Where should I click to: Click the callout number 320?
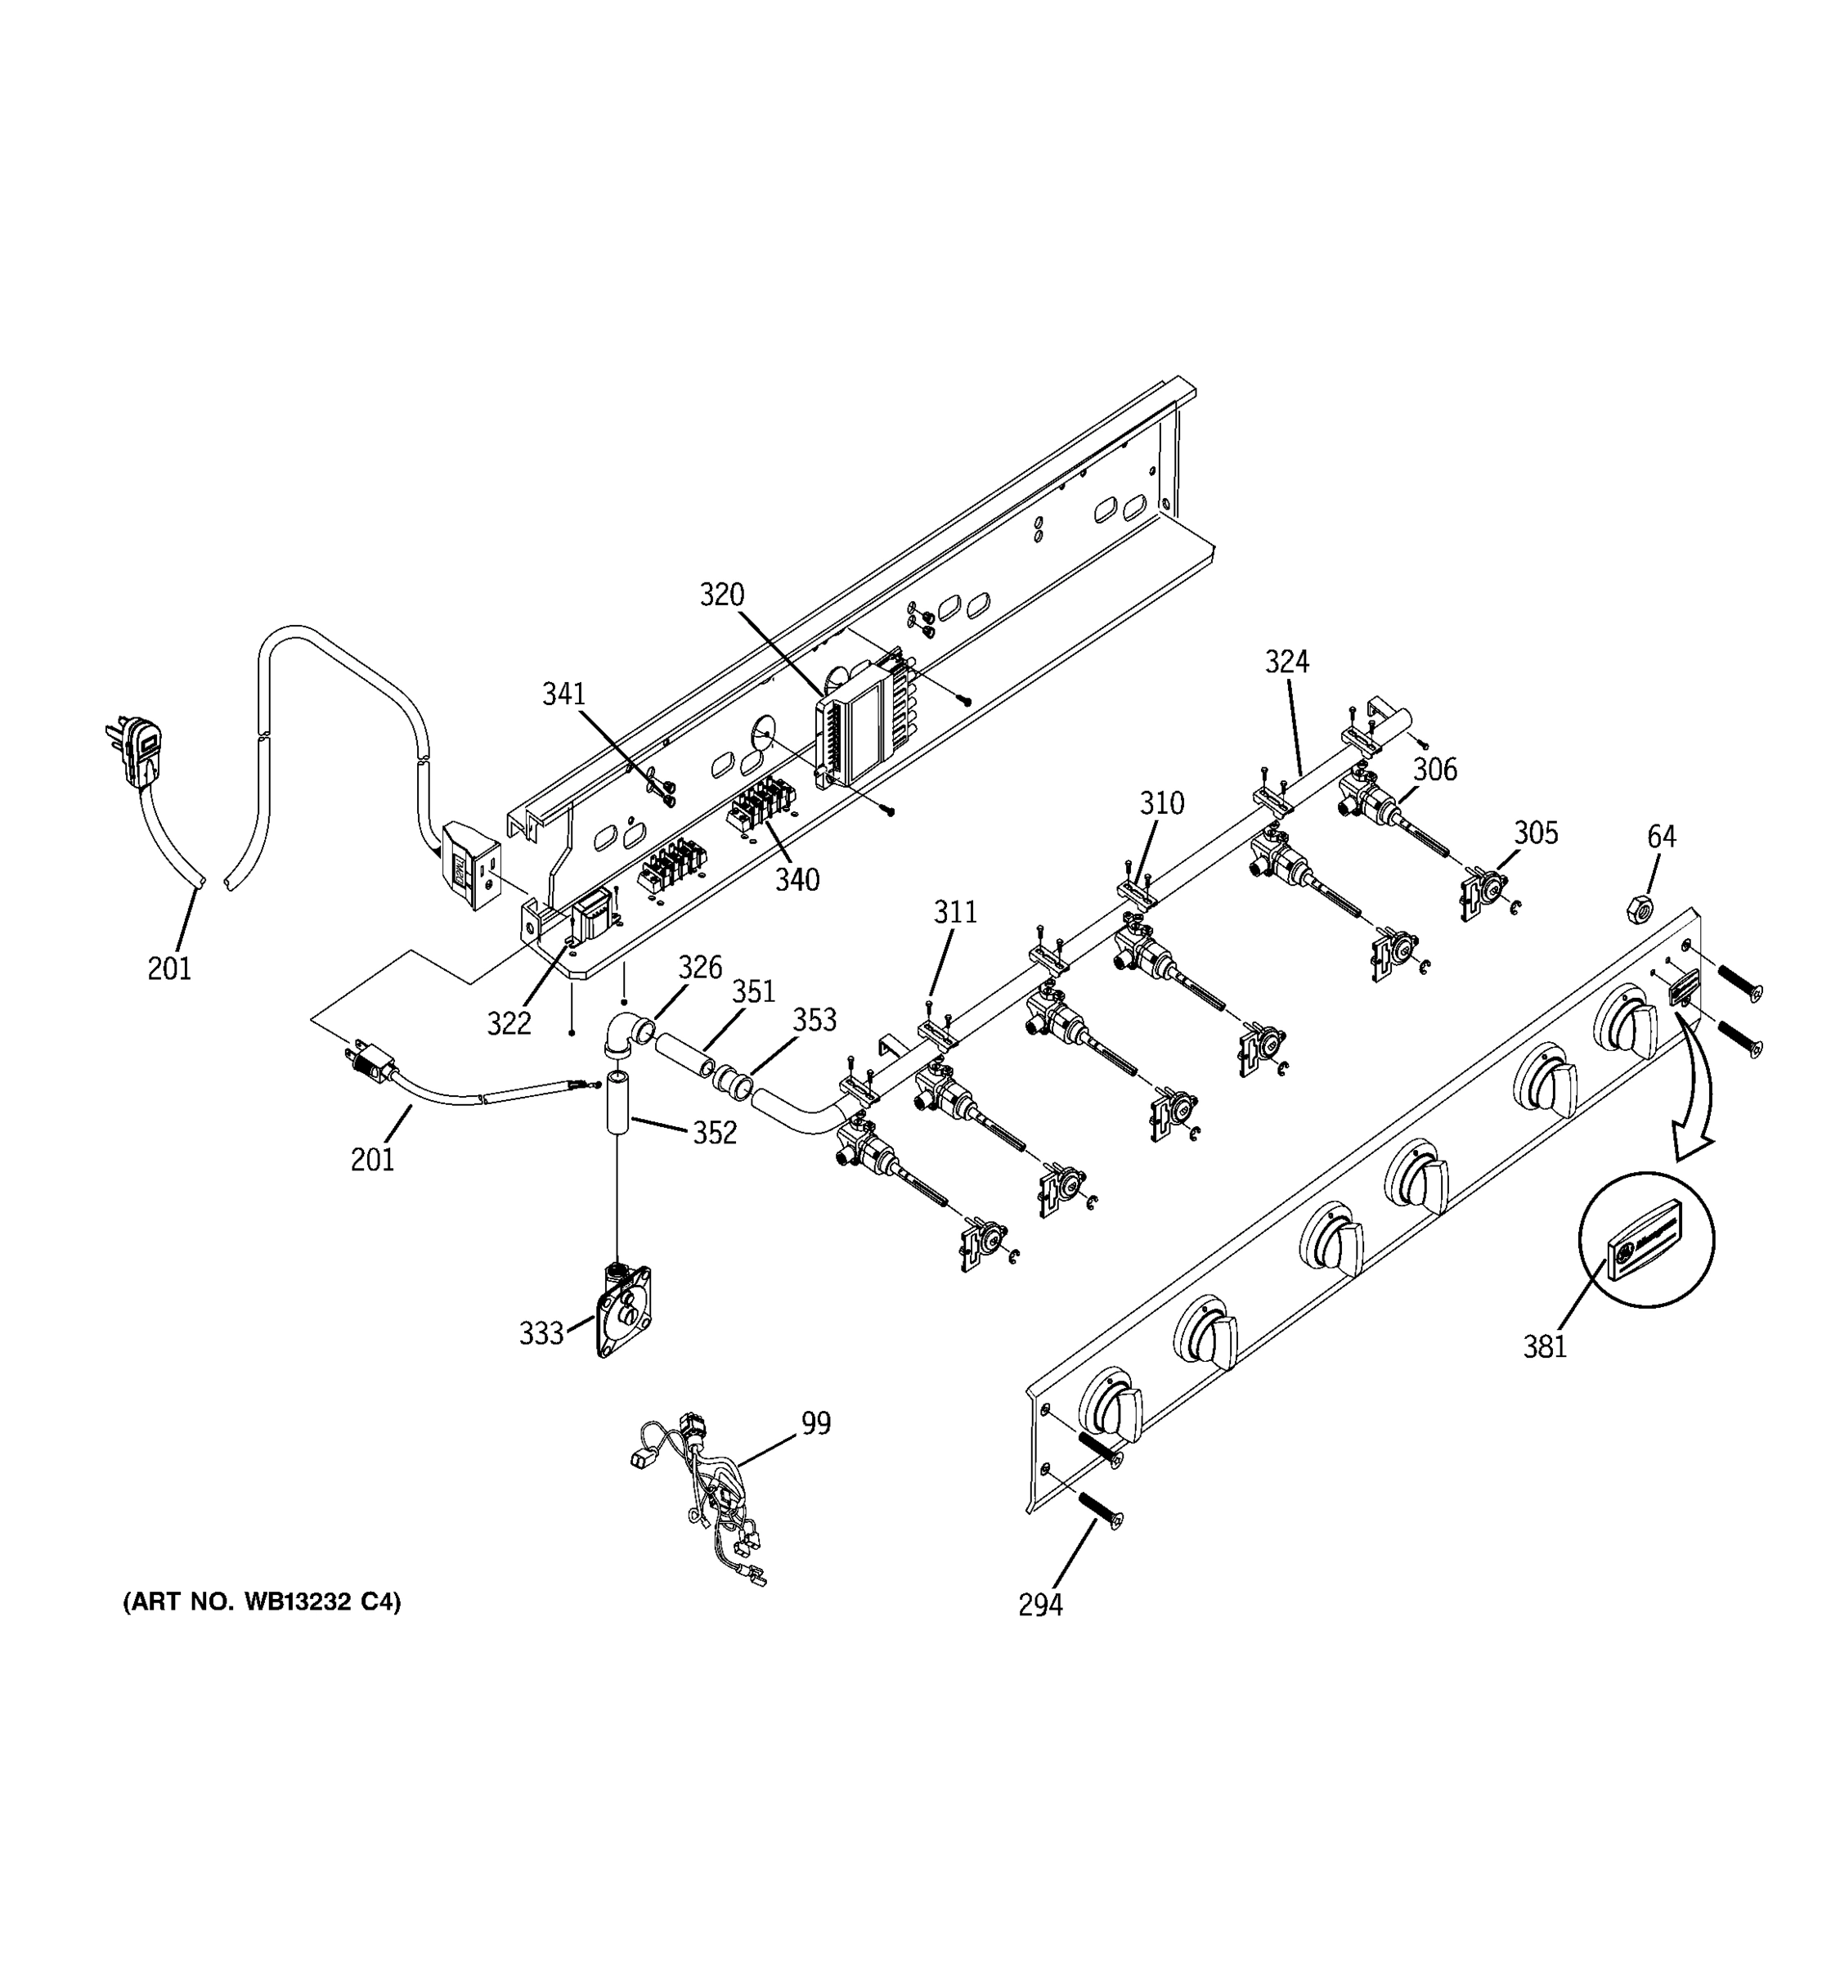coord(721,595)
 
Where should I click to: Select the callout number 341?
coord(563,694)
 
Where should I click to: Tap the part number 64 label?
coord(1662,837)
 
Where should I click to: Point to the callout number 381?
coord(1545,1345)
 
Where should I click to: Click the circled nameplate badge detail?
coord(1646,1240)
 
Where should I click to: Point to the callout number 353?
coord(815,1020)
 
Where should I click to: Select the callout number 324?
coord(1287,662)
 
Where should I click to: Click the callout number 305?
coord(1536,833)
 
